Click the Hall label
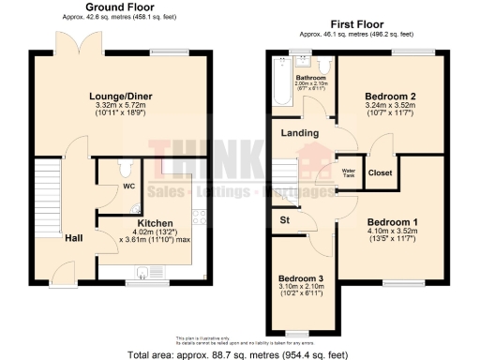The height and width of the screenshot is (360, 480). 74,237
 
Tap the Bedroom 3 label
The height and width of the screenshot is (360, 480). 301,279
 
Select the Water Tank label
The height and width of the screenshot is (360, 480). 346,172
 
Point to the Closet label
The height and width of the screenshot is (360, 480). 380,173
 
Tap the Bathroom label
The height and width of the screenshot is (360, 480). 310,77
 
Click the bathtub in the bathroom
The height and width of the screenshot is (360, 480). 280,89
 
